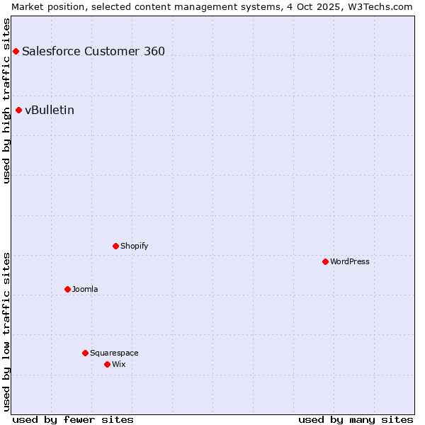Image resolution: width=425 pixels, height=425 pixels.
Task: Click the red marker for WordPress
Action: [325, 261]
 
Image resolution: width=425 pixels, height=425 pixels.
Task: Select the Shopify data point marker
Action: [115, 246]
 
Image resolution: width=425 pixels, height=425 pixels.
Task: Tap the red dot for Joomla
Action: [67, 289]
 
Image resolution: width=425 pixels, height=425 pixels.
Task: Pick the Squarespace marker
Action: [85, 353]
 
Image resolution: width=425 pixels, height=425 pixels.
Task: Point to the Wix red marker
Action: [107, 364]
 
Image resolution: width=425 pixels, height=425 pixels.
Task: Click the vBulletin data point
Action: [18, 110]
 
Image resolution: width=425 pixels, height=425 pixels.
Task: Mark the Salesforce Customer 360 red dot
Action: [16, 51]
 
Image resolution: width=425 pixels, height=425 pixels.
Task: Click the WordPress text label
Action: [350, 261]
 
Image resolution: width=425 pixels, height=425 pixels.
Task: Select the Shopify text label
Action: [135, 246]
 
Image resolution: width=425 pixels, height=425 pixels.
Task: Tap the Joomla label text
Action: [85, 289]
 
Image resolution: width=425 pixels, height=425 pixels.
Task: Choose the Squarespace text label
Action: [114, 353]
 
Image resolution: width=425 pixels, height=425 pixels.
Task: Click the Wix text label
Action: [118, 364]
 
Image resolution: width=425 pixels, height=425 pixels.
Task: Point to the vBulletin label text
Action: [50, 110]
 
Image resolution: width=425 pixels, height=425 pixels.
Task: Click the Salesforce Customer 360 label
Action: [93, 51]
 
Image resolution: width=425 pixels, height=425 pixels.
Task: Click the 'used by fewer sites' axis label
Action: [73, 419]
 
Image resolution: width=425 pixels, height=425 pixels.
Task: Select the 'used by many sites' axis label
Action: [356, 419]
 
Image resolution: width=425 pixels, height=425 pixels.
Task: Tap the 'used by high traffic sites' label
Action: [7, 101]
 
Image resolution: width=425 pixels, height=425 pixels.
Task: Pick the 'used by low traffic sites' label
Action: [7, 331]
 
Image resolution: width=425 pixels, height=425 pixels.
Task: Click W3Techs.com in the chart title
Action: [381, 6]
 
